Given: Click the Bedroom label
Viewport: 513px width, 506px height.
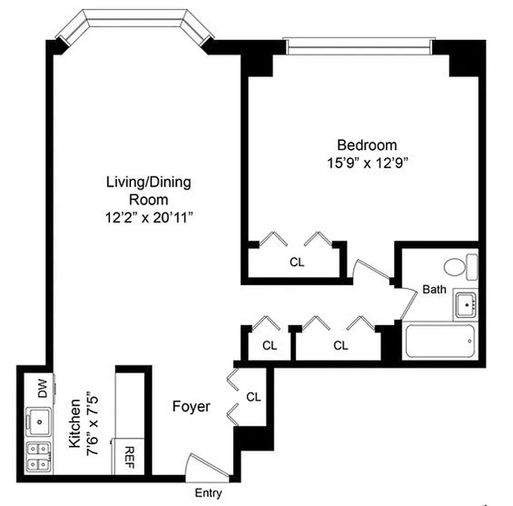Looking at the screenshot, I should tap(367, 145).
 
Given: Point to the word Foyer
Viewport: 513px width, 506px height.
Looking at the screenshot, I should tap(191, 407).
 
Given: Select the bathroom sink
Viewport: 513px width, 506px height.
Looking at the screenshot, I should tap(467, 305).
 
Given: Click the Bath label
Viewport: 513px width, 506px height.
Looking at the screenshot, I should tap(434, 290).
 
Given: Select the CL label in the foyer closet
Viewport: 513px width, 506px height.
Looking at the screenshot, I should tap(254, 397).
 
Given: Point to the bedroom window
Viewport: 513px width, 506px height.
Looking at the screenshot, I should tap(359, 45).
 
